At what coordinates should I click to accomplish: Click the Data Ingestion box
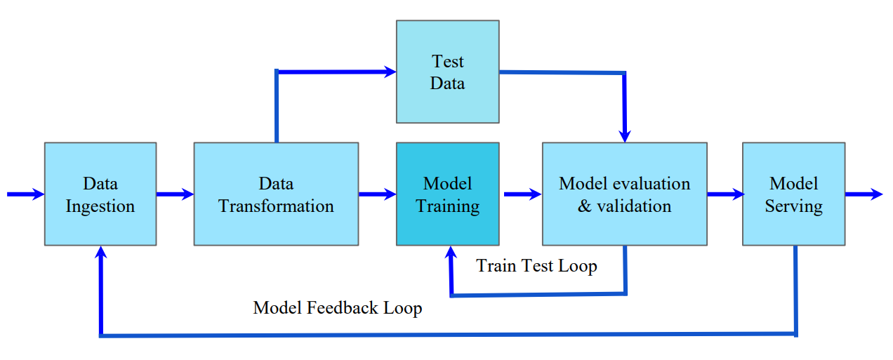pos(100,194)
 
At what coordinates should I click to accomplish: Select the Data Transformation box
pos(276,194)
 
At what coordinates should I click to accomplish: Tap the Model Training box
pos(448,194)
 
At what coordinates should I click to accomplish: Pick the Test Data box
pos(448,72)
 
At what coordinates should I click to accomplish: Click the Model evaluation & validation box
pos(624,194)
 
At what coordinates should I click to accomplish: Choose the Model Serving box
pos(793,194)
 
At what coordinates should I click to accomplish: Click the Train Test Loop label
pos(537,266)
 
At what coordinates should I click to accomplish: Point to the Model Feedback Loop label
pos(338,308)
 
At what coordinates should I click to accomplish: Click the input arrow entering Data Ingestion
pos(25,194)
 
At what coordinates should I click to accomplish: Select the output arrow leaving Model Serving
pos(864,194)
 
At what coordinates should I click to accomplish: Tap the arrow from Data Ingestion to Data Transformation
pos(175,194)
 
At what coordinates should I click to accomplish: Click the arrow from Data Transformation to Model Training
pos(377,194)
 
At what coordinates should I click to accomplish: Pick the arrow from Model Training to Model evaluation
pos(522,194)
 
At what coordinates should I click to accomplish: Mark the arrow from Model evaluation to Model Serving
pos(725,194)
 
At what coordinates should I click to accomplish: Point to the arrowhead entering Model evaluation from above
pos(625,135)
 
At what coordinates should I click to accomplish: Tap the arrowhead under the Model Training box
pos(450,252)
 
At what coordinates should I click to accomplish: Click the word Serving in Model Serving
pos(793,206)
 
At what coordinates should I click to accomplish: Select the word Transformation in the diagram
pos(276,206)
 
